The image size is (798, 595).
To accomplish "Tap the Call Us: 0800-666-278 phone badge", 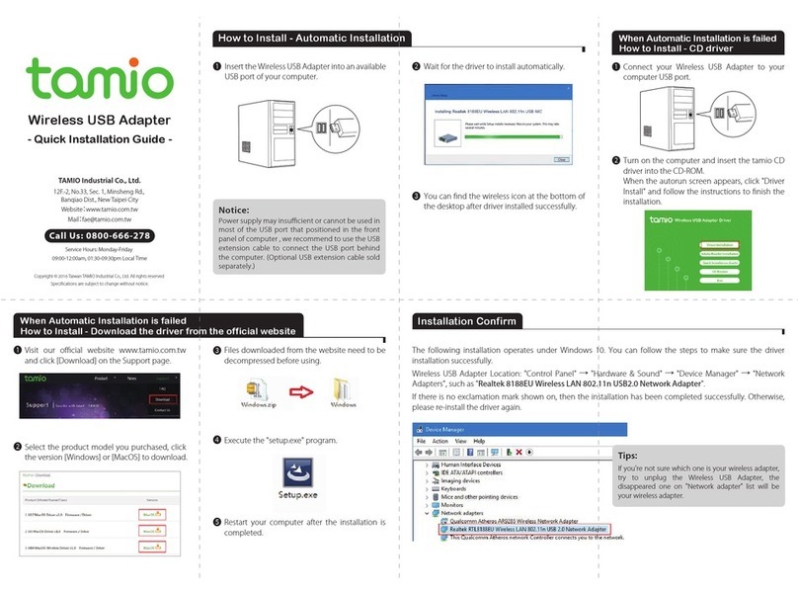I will point(99,236).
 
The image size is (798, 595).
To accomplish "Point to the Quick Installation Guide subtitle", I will point(99,139).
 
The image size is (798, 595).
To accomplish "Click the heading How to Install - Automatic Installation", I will point(310,39).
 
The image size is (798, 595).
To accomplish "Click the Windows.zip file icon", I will point(257,387).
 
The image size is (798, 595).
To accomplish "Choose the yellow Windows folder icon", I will point(344,386).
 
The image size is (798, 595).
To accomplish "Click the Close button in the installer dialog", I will point(560,157).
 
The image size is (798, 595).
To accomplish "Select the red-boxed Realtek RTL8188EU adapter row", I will point(523,530).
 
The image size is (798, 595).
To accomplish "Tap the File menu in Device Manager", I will point(423,441).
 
